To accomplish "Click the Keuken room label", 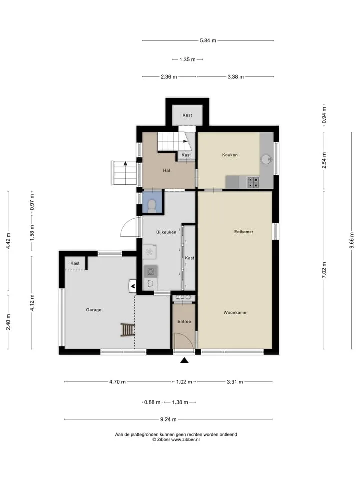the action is [x=230, y=155].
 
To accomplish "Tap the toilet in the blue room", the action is [x=152, y=206].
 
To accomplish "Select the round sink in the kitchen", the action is [x=266, y=159].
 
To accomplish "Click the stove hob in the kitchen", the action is [x=253, y=182].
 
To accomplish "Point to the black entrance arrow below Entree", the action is [x=184, y=360].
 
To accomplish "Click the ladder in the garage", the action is [x=127, y=330].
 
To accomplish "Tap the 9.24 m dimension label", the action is [x=168, y=419].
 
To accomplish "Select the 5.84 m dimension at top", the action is [x=208, y=40].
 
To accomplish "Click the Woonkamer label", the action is [x=235, y=313].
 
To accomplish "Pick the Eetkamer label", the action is [x=244, y=232].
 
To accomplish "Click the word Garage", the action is [x=93, y=310].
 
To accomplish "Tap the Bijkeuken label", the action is [x=166, y=232].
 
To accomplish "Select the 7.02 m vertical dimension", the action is [x=324, y=270].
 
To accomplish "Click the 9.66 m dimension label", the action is [x=352, y=241].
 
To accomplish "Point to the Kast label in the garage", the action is [x=75, y=263].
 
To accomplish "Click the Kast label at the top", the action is [x=187, y=115].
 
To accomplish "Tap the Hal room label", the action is [x=166, y=170].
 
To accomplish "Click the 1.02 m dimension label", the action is [x=184, y=382].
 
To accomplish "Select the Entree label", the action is [x=184, y=321].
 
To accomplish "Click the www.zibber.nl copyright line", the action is [x=176, y=440].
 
